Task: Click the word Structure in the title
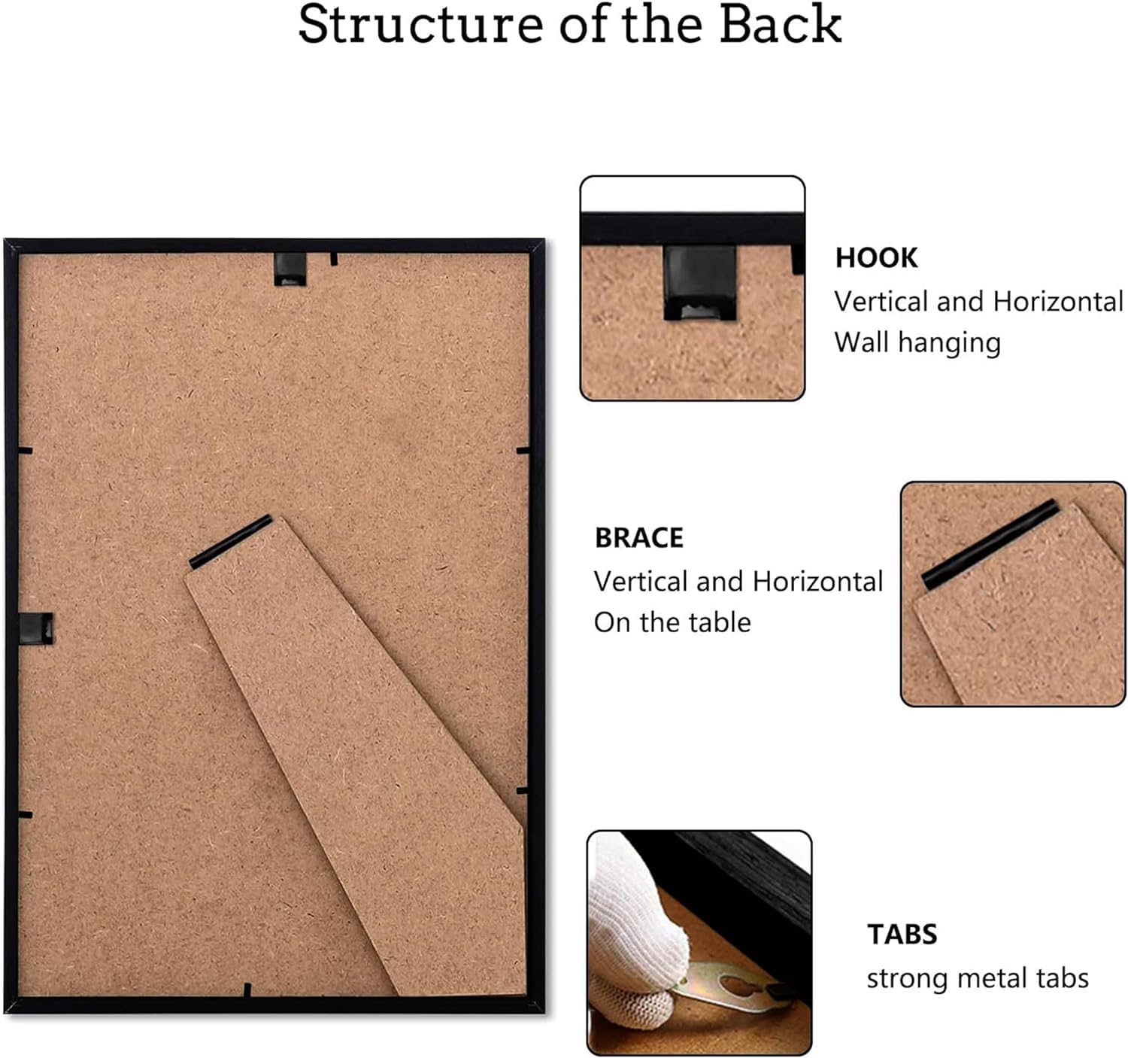(421, 24)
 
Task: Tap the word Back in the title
(781, 24)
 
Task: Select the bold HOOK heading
(876, 257)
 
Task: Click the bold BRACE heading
(639, 537)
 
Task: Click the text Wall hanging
(917, 343)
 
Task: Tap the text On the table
(672, 622)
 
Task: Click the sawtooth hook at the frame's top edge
(290, 269)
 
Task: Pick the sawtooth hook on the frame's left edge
(36, 628)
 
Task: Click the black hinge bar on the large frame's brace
(231, 542)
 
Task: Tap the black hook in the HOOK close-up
(700, 282)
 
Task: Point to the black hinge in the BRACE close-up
(990, 544)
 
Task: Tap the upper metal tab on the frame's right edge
(523, 450)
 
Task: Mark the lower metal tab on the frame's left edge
(26, 815)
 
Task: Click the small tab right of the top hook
(334, 260)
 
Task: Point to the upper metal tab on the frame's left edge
(26, 451)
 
